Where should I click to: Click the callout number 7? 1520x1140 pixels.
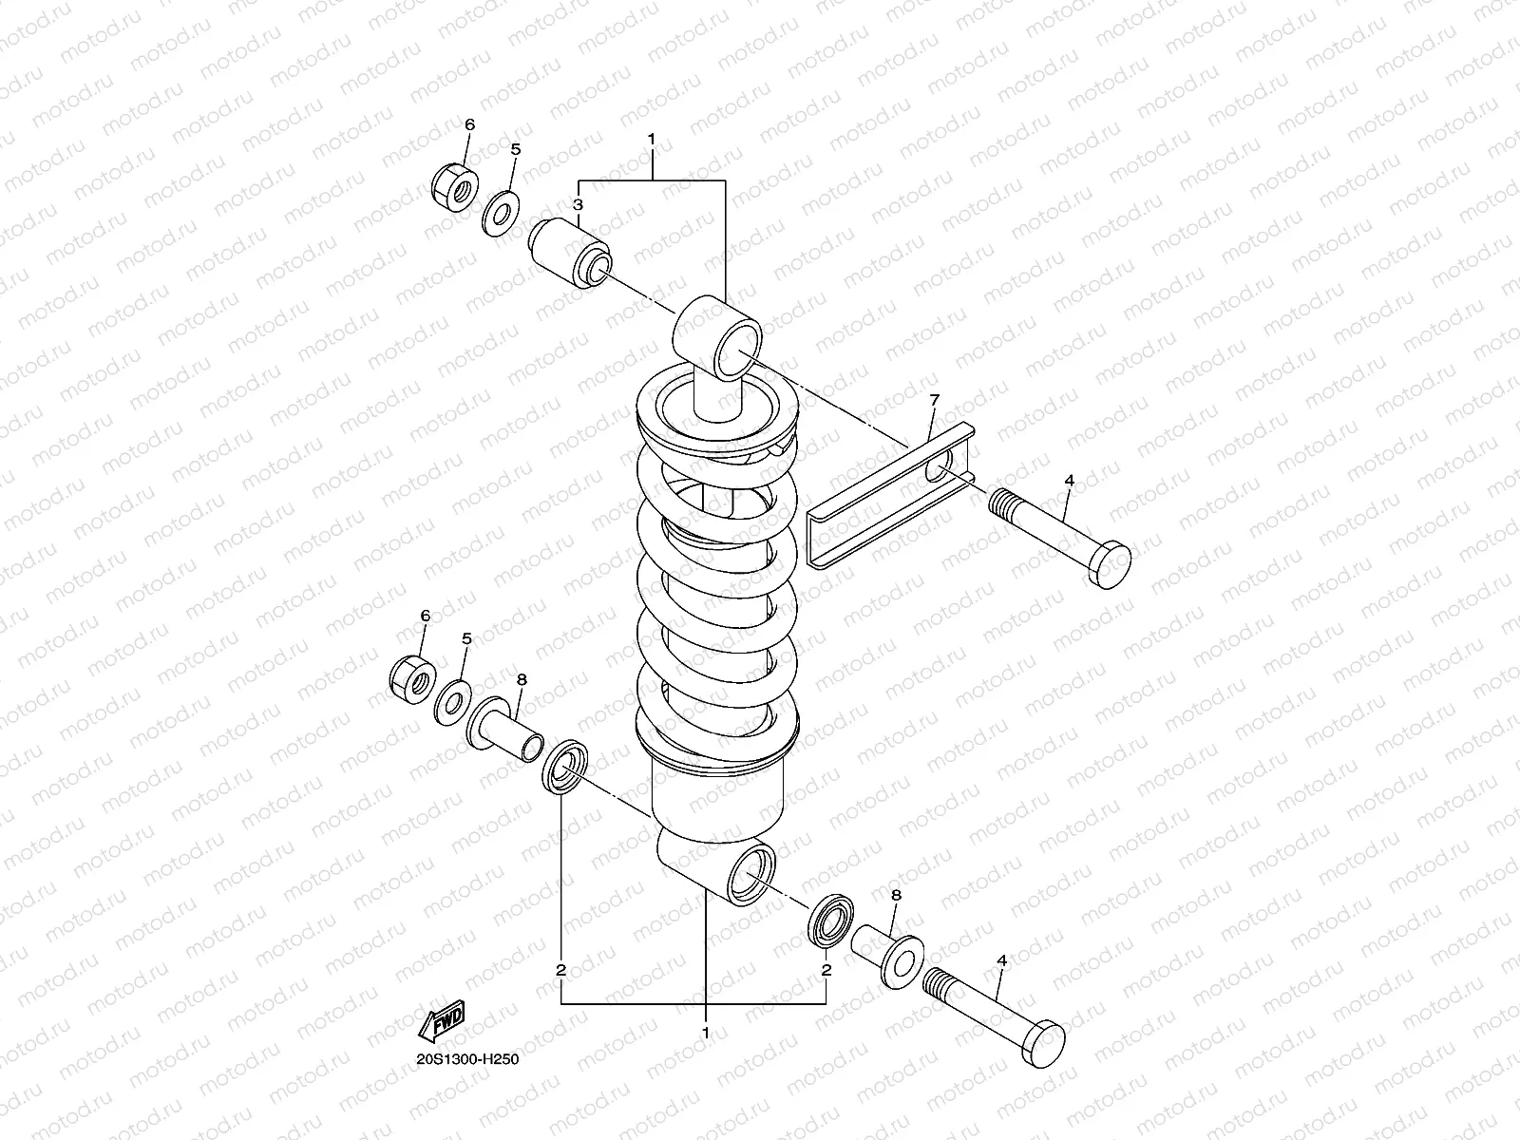click(934, 402)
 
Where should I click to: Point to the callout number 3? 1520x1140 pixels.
click(577, 205)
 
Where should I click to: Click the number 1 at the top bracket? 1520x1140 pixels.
click(652, 140)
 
